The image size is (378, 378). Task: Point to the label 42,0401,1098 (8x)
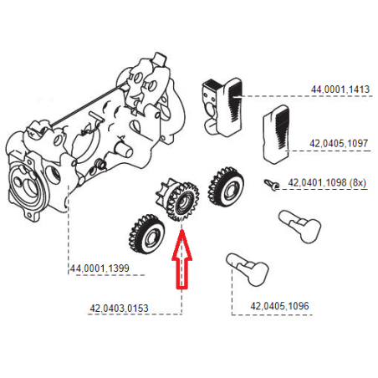pyautogui.click(x=327, y=181)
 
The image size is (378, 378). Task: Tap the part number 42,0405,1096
pyautogui.click(x=279, y=306)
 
